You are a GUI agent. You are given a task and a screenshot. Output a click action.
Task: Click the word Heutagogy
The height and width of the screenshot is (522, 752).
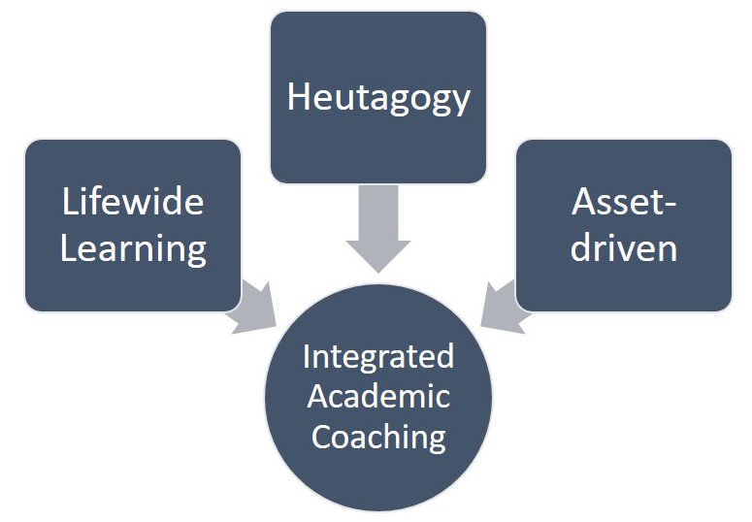(378, 98)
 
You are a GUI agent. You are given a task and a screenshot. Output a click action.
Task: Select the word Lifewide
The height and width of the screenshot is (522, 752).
(133, 203)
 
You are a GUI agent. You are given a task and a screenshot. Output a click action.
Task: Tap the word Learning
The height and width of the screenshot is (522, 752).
(133, 248)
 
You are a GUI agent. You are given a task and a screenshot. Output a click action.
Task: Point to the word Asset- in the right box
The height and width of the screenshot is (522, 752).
(623, 203)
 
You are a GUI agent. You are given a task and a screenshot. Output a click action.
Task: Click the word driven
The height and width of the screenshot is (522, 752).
(623, 248)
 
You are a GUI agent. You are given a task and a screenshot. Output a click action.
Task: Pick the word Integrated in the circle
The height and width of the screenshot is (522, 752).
(378, 356)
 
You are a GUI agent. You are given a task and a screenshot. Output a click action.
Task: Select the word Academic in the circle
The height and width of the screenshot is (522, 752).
(378, 396)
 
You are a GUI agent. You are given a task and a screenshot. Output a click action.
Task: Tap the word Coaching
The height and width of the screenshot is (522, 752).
(378, 436)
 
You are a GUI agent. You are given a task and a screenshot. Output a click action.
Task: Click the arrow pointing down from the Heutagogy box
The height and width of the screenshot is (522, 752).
(378, 227)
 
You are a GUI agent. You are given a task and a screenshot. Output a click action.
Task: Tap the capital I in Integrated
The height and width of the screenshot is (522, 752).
(307, 356)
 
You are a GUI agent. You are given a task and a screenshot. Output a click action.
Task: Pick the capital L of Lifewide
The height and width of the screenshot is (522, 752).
(69, 203)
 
